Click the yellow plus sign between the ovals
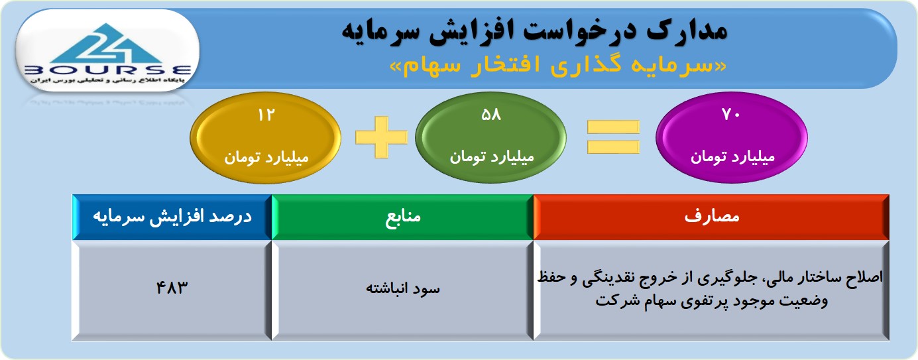(382, 137)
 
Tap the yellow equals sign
(613, 137)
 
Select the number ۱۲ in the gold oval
(266, 115)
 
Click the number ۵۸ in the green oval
(491, 115)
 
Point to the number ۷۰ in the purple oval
(732, 115)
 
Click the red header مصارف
(712, 216)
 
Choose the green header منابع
(403, 217)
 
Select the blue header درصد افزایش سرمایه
(172, 217)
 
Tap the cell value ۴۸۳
(172, 288)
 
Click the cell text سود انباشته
(403, 288)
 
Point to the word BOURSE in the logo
(108, 70)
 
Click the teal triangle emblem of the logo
(107, 44)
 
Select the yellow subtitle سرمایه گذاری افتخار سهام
(558, 66)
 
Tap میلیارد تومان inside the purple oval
(733, 157)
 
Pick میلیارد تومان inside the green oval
(492, 157)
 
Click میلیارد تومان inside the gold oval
(266, 157)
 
